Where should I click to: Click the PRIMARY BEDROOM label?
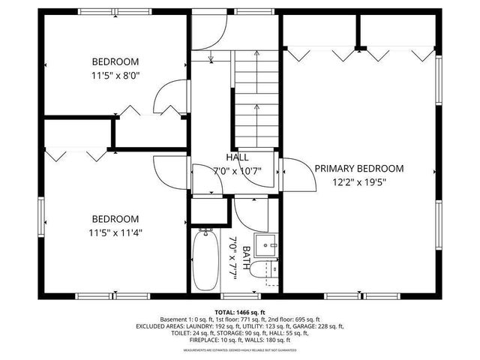pos(358,169)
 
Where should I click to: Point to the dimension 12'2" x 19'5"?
pos(358,181)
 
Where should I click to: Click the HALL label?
pos(238,157)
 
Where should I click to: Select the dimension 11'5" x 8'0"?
pos(115,75)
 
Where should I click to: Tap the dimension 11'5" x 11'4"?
pos(115,232)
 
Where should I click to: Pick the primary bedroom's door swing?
pos(294,176)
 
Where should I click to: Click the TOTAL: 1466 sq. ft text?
pos(239,310)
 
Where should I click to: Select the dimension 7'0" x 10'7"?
pos(238,170)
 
